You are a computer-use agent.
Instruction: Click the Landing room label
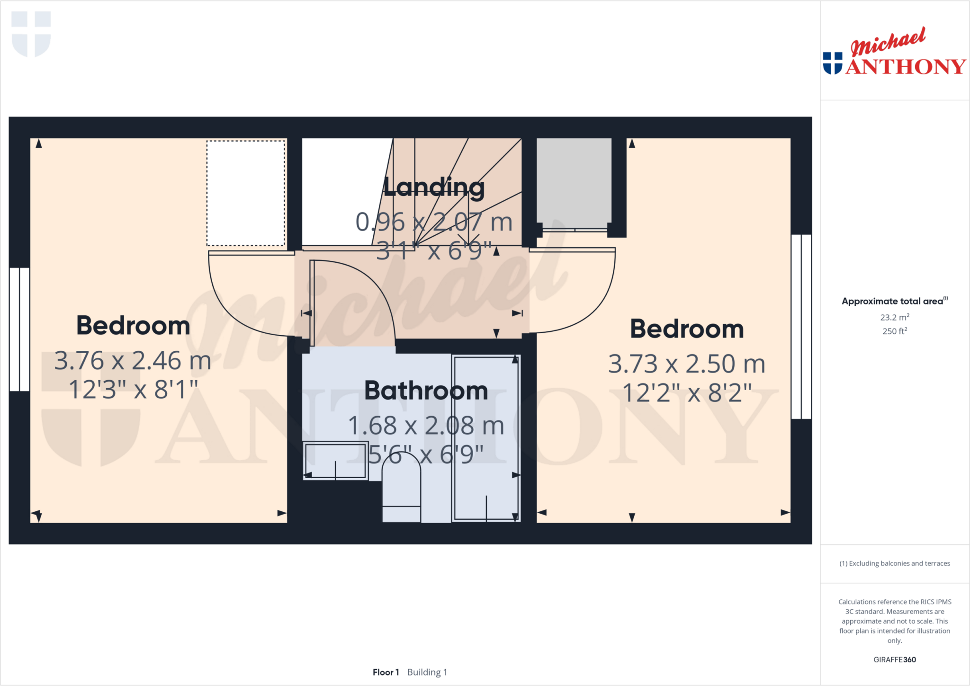point(434,187)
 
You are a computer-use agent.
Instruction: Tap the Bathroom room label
point(426,391)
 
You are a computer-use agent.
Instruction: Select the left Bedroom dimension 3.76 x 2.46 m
point(133,361)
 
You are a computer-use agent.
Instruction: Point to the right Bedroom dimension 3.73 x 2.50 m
point(686,364)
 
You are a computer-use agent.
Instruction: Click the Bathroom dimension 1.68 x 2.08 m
point(426,426)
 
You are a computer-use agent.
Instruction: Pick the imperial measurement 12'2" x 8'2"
point(686,393)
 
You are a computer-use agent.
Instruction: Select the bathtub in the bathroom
point(486,438)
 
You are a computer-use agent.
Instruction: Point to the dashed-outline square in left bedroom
point(246,193)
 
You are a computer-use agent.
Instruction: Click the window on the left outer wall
point(19,329)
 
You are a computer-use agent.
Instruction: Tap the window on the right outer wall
point(801,327)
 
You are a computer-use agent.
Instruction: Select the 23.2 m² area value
point(894,317)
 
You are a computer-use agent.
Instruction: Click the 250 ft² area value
point(894,331)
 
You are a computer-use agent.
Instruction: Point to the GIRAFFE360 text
point(894,659)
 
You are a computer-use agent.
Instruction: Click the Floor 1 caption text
point(386,672)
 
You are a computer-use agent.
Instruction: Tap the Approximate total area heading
point(892,301)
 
